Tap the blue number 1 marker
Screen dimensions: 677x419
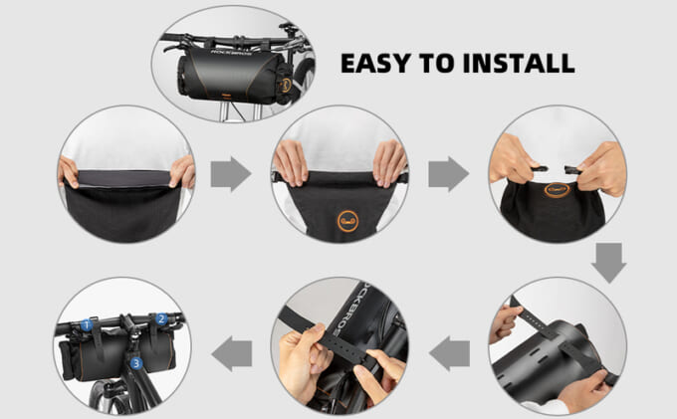(x=87, y=324)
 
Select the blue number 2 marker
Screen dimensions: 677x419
(x=161, y=318)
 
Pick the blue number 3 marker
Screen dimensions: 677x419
(x=136, y=363)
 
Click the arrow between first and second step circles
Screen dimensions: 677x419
(x=231, y=174)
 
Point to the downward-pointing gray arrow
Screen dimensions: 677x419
(x=608, y=263)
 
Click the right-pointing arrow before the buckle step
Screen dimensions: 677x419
(x=448, y=174)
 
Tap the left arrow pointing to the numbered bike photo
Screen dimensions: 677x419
(x=232, y=353)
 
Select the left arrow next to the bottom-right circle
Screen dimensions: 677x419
(x=449, y=353)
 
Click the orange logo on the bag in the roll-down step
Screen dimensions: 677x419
(x=348, y=221)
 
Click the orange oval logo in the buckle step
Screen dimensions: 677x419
(x=557, y=189)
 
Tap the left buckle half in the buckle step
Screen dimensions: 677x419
(x=540, y=169)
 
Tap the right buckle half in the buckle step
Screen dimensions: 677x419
(x=572, y=170)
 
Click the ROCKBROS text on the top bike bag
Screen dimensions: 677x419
(x=232, y=53)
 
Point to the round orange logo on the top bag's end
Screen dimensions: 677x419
(x=286, y=85)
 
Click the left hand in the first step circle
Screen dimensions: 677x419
(x=68, y=172)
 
